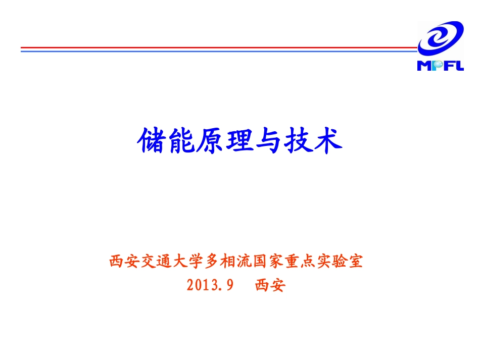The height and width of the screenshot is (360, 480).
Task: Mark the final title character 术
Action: (x=327, y=140)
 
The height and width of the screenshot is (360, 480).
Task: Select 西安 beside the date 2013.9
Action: (x=270, y=286)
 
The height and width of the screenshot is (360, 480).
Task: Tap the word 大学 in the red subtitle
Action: (x=189, y=262)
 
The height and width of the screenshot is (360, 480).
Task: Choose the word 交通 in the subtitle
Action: (x=153, y=262)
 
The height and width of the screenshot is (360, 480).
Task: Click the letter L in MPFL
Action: (x=459, y=66)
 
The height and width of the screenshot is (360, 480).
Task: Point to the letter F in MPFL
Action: (x=447, y=66)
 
